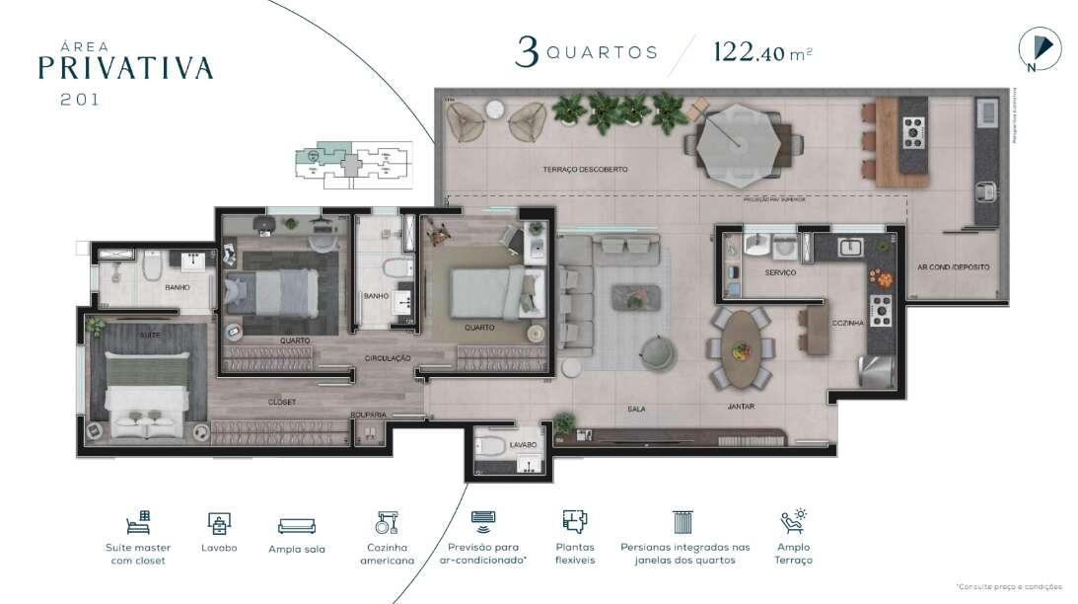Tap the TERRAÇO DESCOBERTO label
[584, 170]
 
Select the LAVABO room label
[523, 445]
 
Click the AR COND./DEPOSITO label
[953, 266]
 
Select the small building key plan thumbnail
[352, 165]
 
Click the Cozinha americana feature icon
[386, 523]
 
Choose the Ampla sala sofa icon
[296, 525]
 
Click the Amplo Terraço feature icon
[793, 522]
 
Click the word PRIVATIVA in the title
[125, 67]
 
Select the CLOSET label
[282, 403]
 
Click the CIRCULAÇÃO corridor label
[387, 357]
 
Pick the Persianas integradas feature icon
[683, 522]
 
